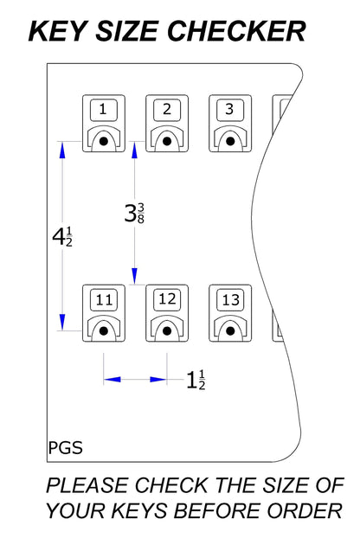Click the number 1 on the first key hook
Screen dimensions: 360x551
click(103, 109)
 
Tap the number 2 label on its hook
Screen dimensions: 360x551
click(167, 109)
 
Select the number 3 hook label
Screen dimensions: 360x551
click(229, 109)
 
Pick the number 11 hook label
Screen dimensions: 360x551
click(104, 300)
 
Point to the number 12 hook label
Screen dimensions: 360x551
click(167, 299)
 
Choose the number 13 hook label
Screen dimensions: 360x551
click(230, 300)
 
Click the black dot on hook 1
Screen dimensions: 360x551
click(104, 141)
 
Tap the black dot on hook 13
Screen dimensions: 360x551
click(230, 331)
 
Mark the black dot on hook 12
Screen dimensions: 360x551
click(167, 331)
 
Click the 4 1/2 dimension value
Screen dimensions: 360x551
click(62, 236)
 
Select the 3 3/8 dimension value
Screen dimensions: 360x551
click(134, 213)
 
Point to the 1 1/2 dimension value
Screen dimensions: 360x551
click(196, 381)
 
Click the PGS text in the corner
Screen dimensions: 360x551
click(66, 448)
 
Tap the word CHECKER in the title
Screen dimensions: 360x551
click(236, 31)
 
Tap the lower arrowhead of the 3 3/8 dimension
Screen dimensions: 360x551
click(134, 276)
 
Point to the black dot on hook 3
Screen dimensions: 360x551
click(230, 141)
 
